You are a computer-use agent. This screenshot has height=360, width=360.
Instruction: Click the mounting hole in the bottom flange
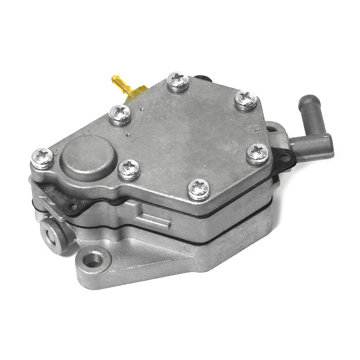(92, 258)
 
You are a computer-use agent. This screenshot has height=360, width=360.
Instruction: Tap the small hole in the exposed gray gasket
(74, 207)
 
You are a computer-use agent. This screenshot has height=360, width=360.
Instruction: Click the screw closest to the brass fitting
(120, 114)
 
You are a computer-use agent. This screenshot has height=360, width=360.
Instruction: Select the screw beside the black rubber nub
(178, 82)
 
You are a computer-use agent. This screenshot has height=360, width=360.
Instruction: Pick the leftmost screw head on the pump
(42, 158)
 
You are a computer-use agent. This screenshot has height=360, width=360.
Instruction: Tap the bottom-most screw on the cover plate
(199, 189)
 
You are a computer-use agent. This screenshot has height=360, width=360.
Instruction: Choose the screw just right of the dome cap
(129, 169)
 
